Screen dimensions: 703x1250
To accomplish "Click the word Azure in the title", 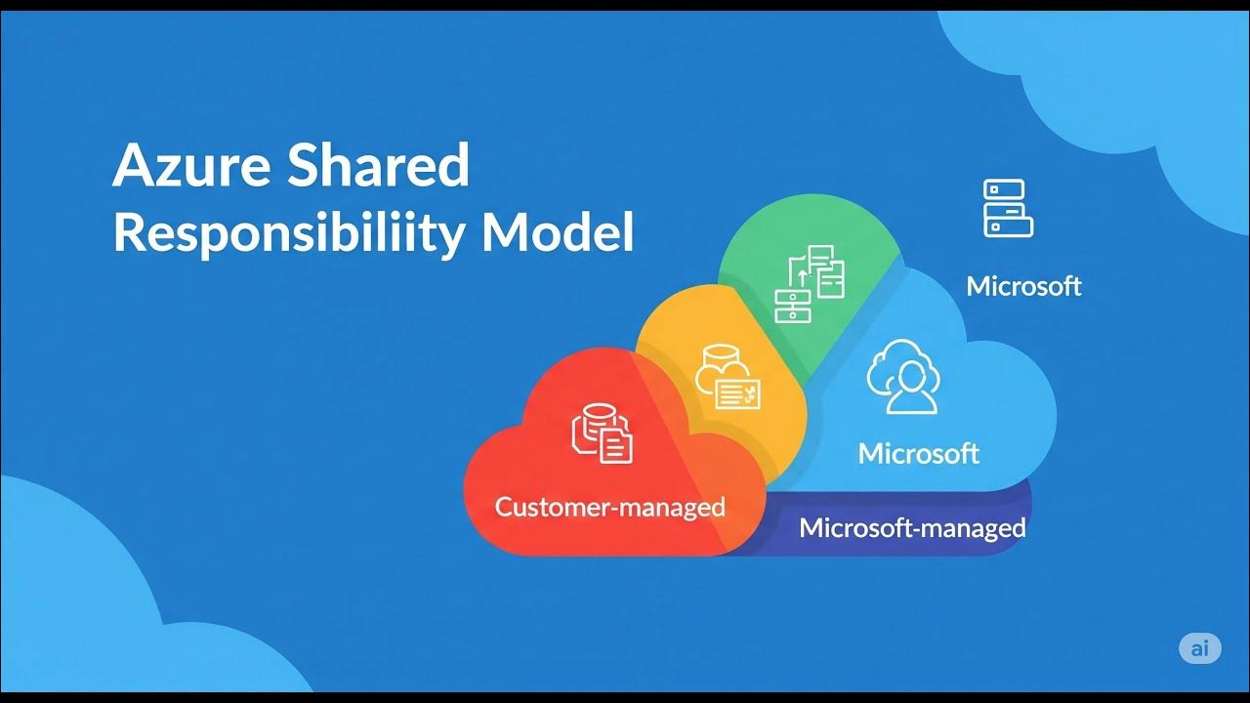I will pyautogui.click(x=191, y=166).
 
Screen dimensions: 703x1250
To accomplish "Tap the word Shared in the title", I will pyautogui.click(x=379, y=166).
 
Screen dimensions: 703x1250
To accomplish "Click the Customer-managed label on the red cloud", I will pyautogui.click(x=609, y=507).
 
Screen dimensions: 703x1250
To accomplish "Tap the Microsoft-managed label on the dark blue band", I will pyautogui.click(x=912, y=528).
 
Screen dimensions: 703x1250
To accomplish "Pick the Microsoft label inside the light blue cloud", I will pyautogui.click(x=918, y=453).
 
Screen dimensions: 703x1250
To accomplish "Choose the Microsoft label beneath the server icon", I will pyautogui.click(x=1023, y=286).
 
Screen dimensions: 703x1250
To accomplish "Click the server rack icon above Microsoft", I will pyautogui.click(x=1008, y=208).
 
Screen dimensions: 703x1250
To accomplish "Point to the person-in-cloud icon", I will pyautogui.click(x=903, y=376).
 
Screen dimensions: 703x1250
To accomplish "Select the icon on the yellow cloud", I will pyautogui.click(x=728, y=378).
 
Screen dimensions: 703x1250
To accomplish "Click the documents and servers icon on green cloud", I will pyautogui.click(x=810, y=282).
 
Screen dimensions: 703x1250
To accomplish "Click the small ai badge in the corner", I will pyautogui.click(x=1199, y=648).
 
